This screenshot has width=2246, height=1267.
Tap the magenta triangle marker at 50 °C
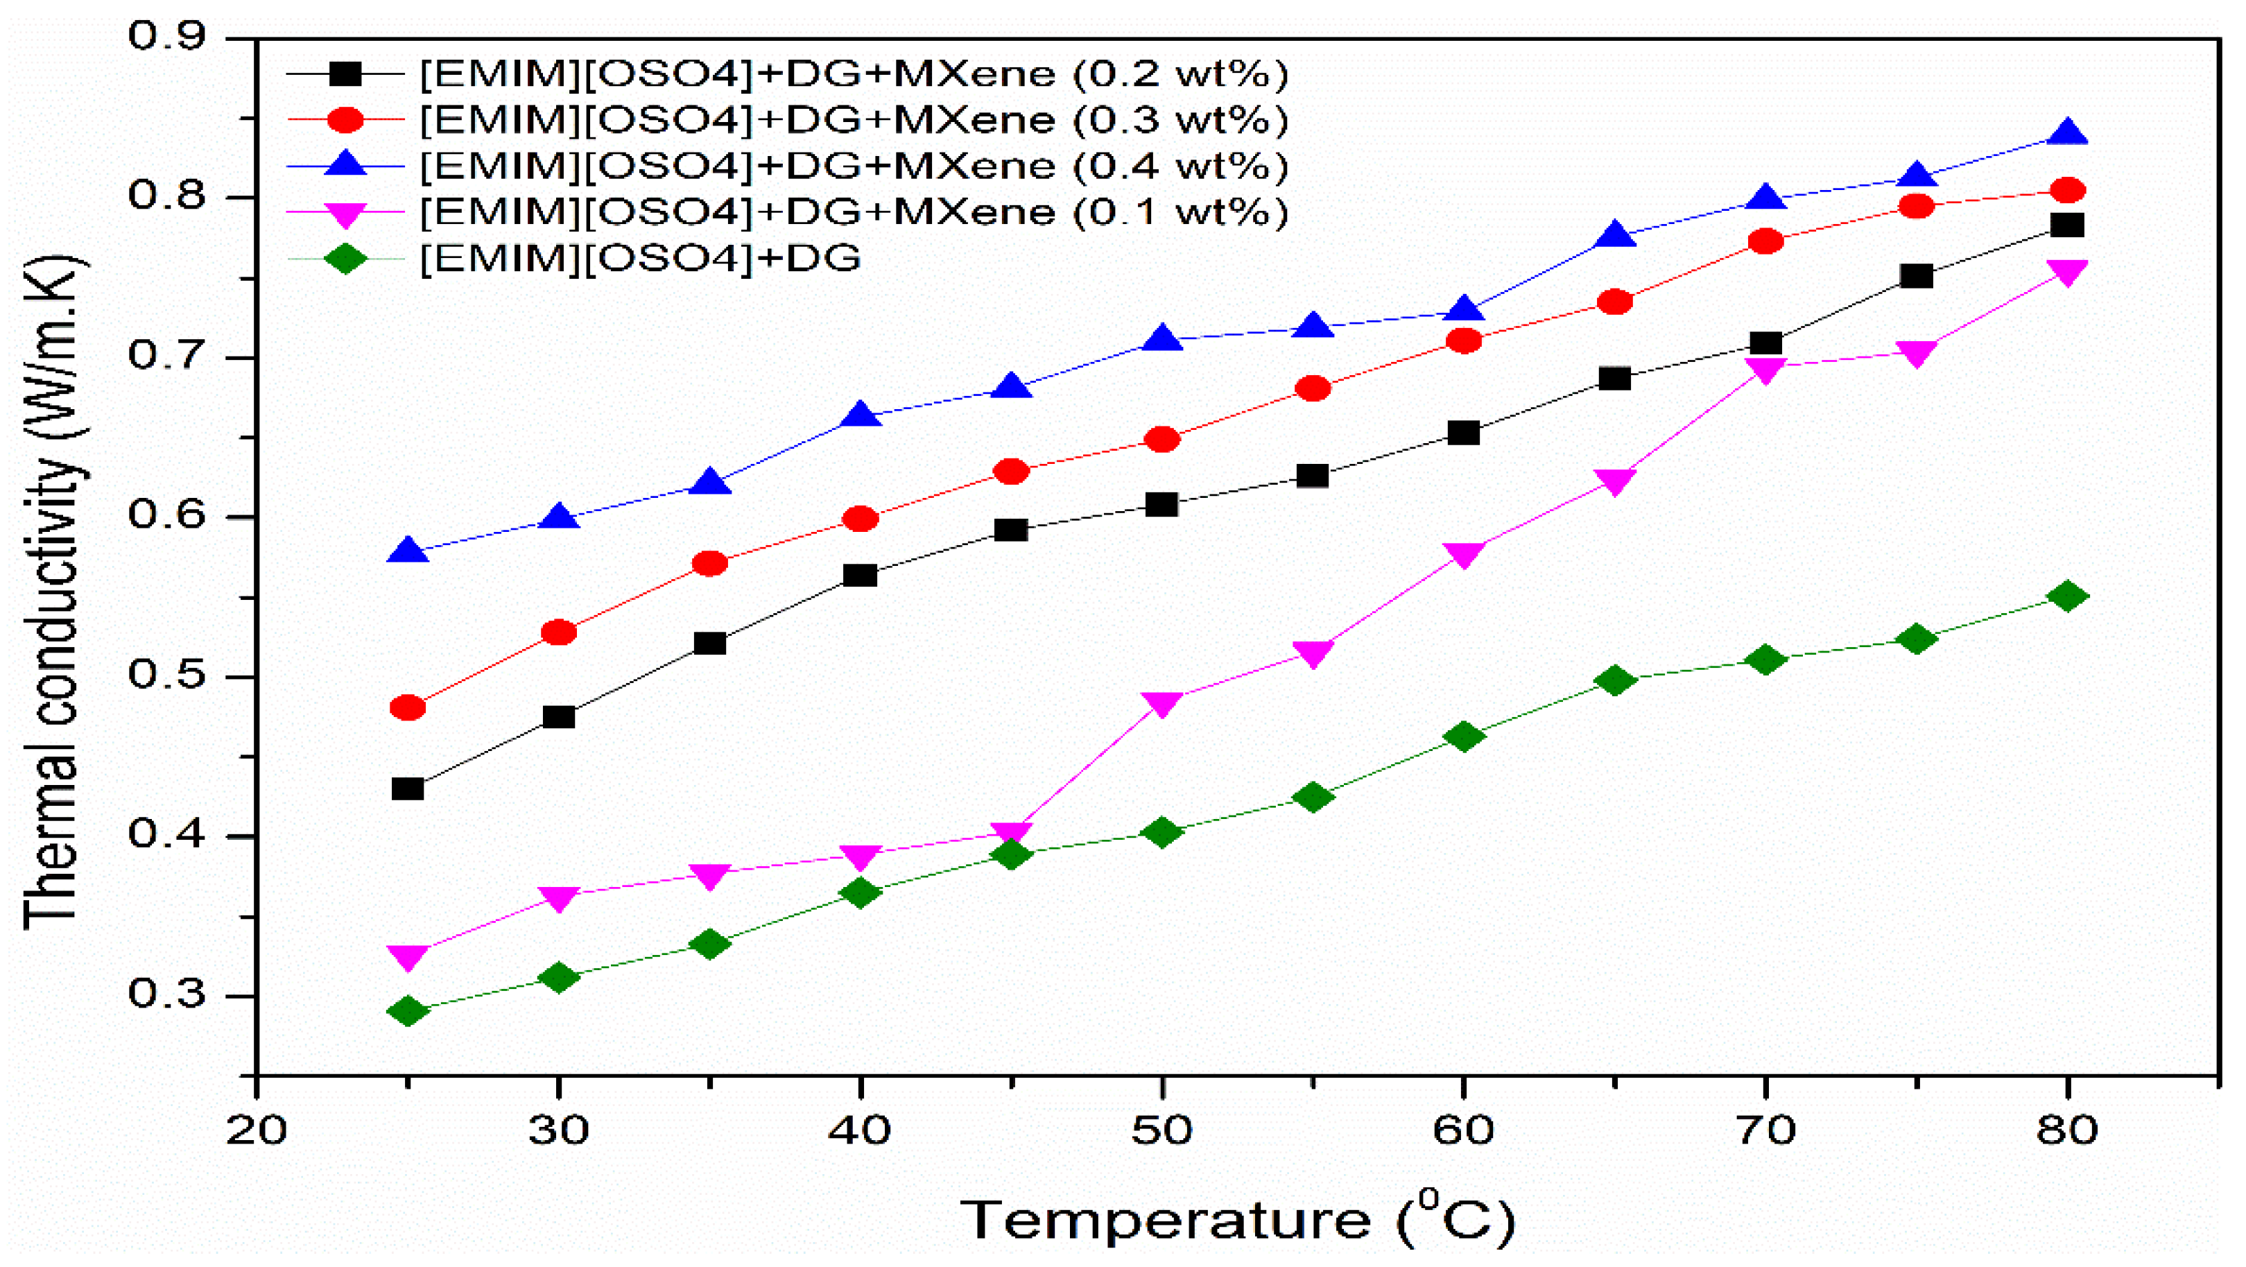(x=1161, y=702)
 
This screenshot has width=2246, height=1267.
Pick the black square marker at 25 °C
(x=408, y=789)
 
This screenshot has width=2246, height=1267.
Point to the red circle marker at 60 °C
(x=1464, y=340)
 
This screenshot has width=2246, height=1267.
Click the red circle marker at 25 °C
(x=408, y=707)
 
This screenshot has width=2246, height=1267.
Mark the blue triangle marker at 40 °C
(x=861, y=416)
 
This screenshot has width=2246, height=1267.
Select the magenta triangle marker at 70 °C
(x=1765, y=370)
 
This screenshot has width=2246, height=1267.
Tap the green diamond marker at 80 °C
(x=2067, y=596)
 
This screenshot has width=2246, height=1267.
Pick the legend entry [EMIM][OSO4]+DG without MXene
(x=641, y=258)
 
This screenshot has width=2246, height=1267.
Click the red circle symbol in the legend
(x=345, y=119)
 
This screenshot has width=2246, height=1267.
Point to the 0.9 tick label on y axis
(x=166, y=37)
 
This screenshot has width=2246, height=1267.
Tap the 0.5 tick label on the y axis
(x=166, y=677)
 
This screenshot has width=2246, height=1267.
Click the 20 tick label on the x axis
(x=257, y=1131)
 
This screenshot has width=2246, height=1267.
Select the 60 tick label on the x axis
(x=1464, y=1131)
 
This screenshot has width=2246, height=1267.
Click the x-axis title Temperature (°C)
(x=1238, y=1219)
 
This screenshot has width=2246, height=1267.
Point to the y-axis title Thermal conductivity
(x=54, y=593)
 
